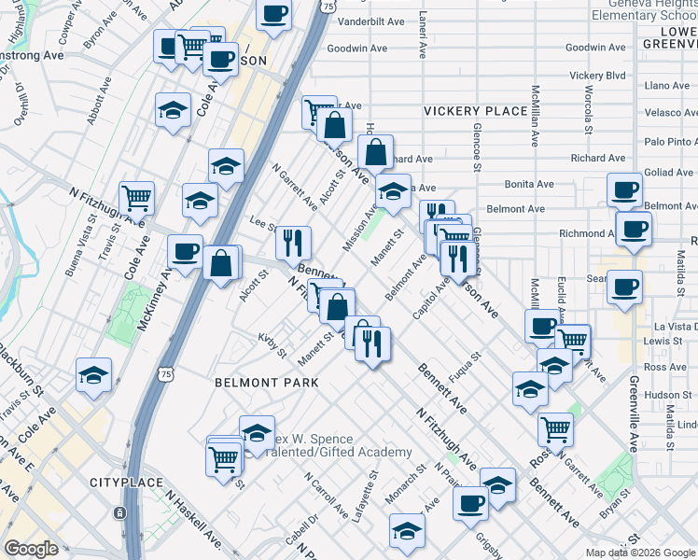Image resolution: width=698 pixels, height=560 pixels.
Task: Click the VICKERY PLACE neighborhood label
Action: [x=475, y=111]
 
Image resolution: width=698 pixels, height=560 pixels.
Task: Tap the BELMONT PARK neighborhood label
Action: [x=266, y=383]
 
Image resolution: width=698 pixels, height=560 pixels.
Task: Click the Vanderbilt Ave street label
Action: [x=370, y=20]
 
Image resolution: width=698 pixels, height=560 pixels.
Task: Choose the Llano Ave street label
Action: [x=666, y=85]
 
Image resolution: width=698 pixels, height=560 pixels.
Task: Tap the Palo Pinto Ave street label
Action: [x=670, y=142]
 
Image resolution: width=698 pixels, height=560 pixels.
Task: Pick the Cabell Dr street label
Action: [x=297, y=532]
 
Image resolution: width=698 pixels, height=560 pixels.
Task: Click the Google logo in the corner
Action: [x=31, y=549]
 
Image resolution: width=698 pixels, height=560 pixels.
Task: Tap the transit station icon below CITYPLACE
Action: [x=119, y=512]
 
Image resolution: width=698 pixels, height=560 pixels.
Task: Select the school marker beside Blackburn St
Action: [x=93, y=375]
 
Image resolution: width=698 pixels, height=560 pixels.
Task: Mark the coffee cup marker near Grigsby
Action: [x=470, y=504]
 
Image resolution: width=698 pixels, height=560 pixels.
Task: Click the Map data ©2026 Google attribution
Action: [x=640, y=552]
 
